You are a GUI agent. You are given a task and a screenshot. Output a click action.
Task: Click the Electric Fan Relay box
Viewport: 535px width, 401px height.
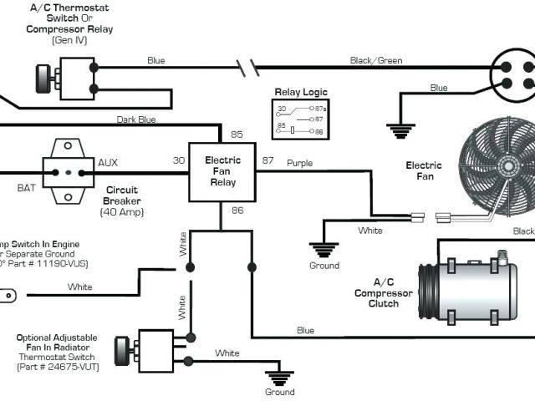point(222,171)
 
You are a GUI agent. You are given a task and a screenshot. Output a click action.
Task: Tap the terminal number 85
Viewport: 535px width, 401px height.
point(237,134)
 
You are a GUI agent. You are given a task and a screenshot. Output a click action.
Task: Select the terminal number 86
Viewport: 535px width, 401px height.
point(237,211)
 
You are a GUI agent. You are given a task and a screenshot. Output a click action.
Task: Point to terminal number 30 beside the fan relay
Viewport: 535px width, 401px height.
point(178,160)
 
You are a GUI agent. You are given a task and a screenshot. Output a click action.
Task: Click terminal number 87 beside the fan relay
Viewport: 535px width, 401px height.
point(268,160)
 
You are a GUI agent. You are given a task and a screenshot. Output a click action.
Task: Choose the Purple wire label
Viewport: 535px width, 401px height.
point(300,163)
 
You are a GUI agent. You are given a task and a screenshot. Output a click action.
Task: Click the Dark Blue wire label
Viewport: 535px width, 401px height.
point(136,119)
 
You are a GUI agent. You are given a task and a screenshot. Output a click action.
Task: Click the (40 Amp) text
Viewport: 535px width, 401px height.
point(121,212)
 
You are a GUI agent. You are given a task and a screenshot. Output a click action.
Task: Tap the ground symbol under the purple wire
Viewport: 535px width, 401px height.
point(324,249)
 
